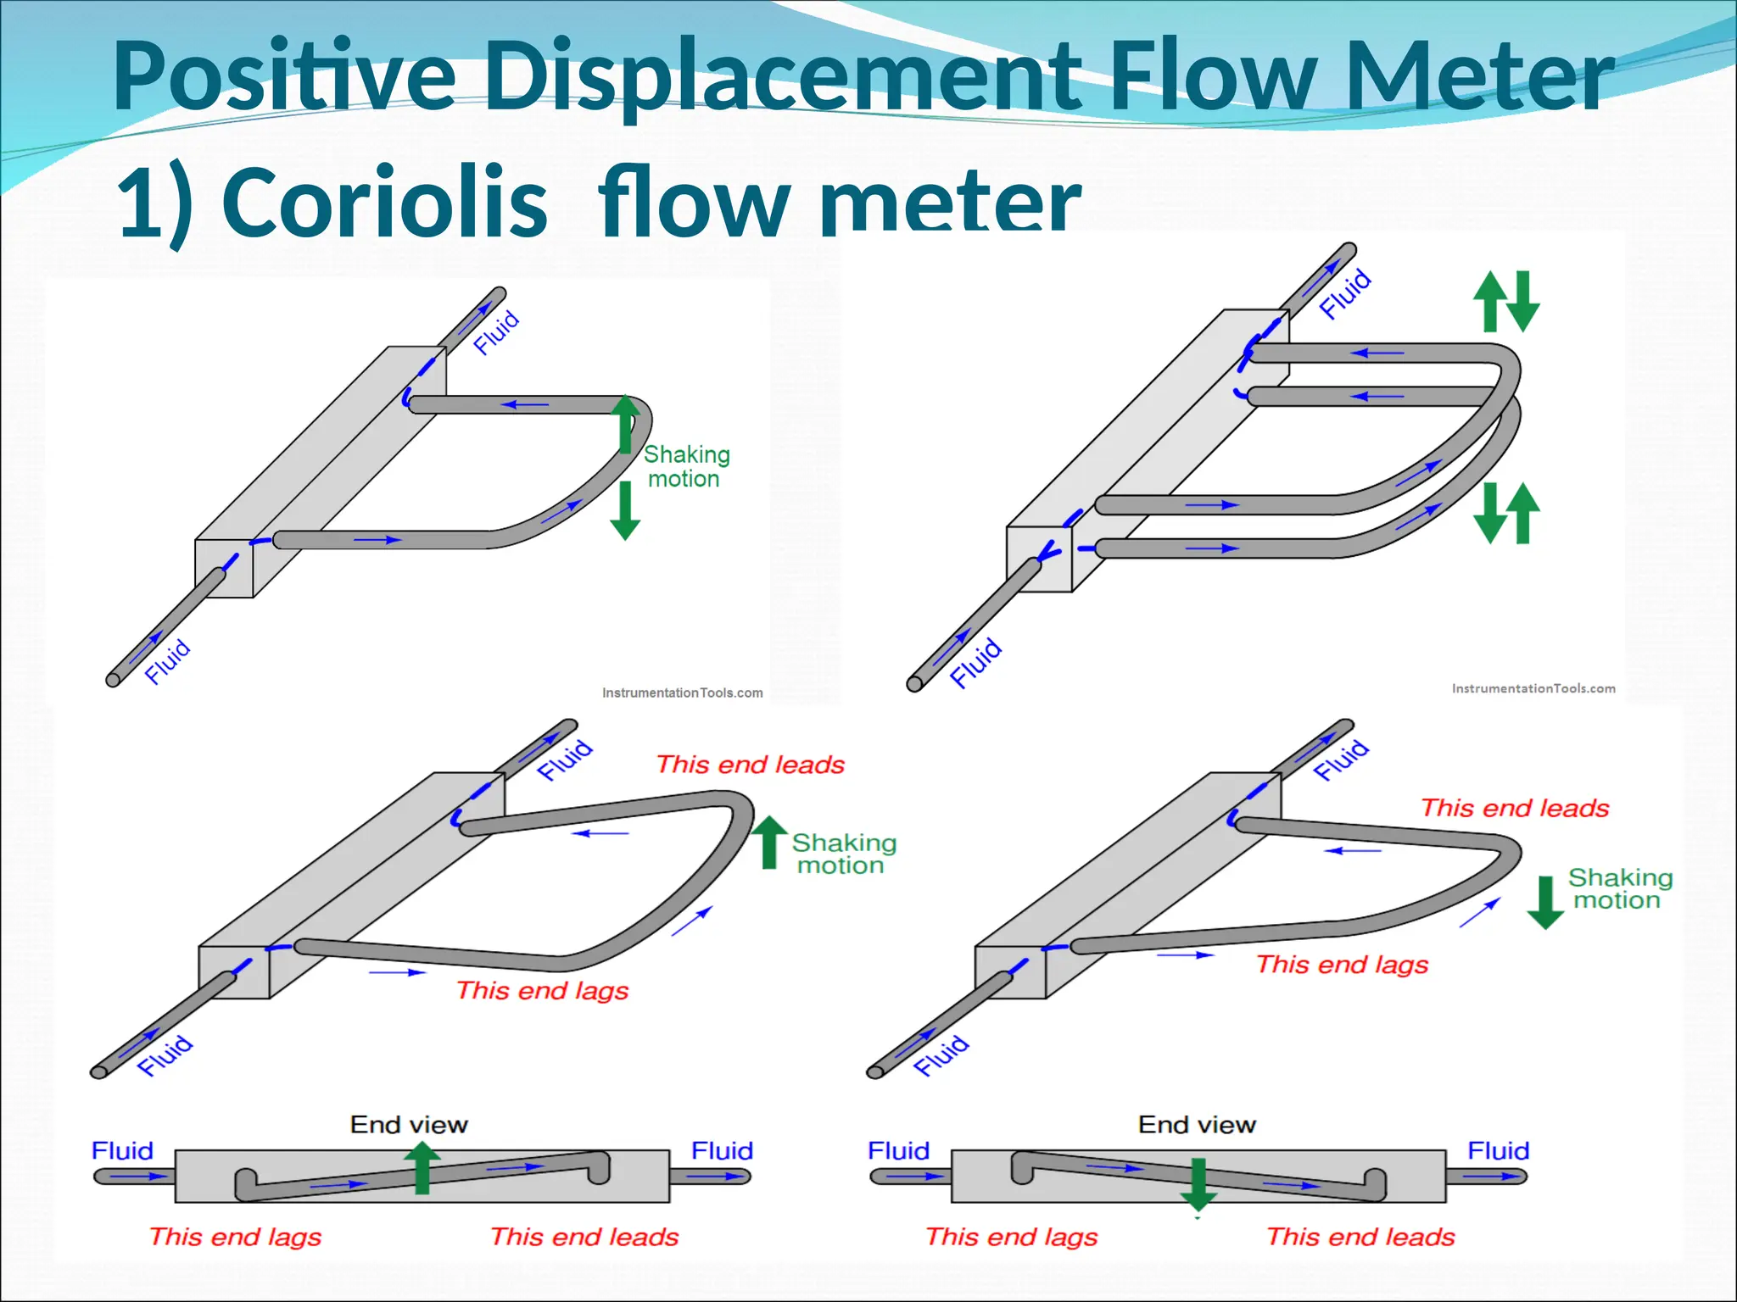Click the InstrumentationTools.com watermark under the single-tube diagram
[x=682, y=693]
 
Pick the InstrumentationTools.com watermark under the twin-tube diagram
[x=1533, y=688]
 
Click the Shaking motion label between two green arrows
[x=685, y=467]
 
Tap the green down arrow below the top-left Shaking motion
[x=625, y=510]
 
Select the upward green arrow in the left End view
[x=422, y=1167]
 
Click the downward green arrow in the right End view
[x=1198, y=1184]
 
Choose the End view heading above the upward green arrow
[x=409, y=1125]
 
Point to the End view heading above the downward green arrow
[x=1197, y=1125]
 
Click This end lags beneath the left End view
[x=235, y=1237]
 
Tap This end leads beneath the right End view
[x=1360, y=1237]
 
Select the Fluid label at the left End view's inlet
[x=122, y=1150]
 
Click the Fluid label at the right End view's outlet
[x=1498, y=1150]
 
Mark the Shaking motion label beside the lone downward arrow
[x=1619, y=888]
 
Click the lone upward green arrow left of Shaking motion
[x=769, y=842]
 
